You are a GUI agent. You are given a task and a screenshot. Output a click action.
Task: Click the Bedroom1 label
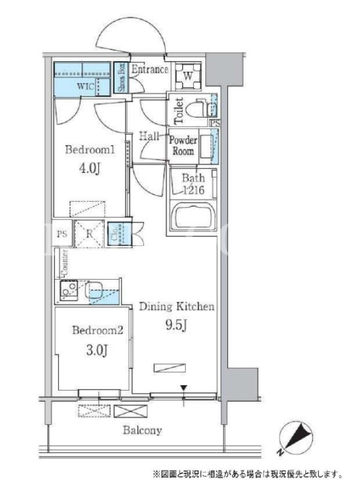pos(89,149)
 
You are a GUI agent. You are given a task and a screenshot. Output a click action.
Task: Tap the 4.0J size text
pos(89,168)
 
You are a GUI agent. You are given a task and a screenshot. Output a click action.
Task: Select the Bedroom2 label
pos(98,330)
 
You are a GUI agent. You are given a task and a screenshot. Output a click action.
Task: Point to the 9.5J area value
pos(176,326)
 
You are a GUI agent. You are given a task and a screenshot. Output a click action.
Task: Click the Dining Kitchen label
pos(176,307)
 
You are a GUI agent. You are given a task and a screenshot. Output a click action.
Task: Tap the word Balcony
pos(142,430)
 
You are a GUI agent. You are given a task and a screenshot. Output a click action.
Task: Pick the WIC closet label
pos(85,86)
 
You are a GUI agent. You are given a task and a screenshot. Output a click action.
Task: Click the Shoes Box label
pos(121,77)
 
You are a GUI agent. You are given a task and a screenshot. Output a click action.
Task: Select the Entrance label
pos(149,69)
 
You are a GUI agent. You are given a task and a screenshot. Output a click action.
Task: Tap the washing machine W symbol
pos(188,76)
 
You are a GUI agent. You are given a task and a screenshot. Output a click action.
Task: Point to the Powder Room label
pos(183,146)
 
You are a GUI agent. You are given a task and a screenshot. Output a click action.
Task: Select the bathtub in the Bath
pos(193,217)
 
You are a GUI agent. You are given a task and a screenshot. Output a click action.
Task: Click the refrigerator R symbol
pos(89,233)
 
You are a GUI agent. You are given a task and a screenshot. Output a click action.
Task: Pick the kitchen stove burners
pos(69,290)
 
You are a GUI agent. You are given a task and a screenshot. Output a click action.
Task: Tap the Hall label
pos(149,136)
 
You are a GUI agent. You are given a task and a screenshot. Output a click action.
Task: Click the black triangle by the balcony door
pos(184,388)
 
